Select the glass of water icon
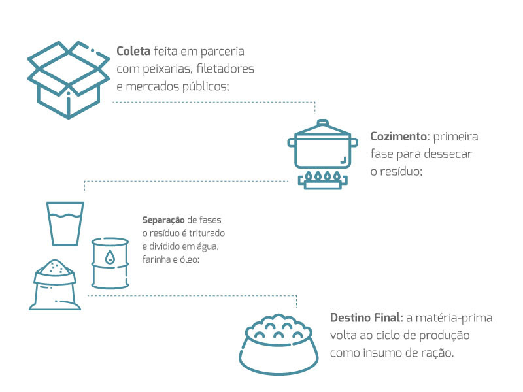click(65, 223)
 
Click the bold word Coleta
click(133, 51)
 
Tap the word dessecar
click(451, 154)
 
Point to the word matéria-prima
click(460, 318)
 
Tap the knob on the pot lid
click(323, 123)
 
